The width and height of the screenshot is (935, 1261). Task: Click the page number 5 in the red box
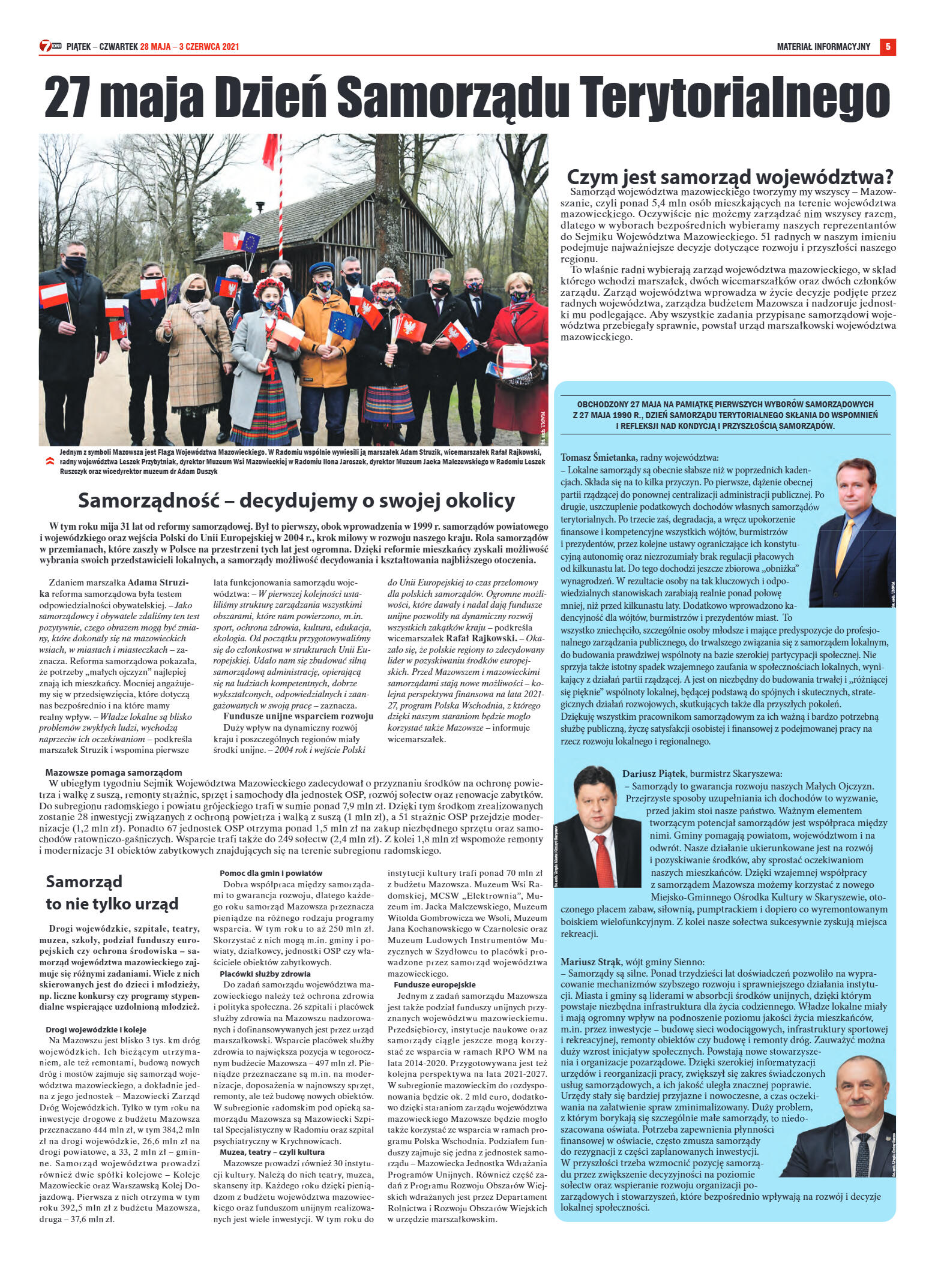[x=888, y=47]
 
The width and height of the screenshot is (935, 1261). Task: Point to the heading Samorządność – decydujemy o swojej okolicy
[x=296, y=500]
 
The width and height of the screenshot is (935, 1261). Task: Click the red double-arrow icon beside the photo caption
[x=49, y=461]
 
